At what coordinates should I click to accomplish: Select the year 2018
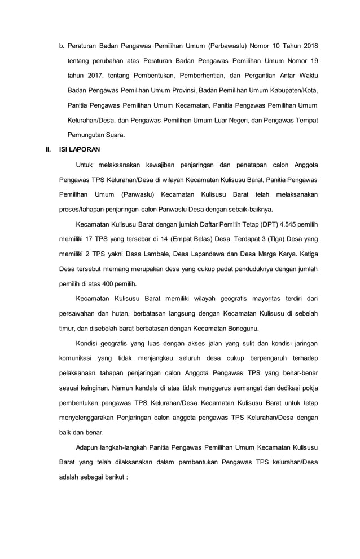tap(309, 45)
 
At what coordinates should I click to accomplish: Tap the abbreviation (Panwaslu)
tap(141, 194)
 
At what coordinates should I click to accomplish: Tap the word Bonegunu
tap(243, 329)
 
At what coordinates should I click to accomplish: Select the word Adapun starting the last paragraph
tap(87, 448)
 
